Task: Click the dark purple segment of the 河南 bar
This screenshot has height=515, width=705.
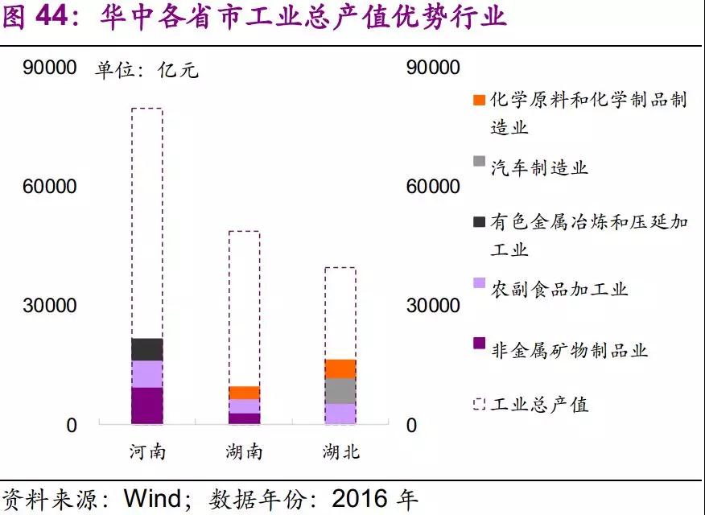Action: coord(146,405)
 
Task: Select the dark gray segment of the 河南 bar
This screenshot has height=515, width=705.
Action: coord(146,349)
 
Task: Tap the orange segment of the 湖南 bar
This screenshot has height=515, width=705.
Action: coord(244,393)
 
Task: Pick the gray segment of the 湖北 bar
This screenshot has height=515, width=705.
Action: coord(340,391)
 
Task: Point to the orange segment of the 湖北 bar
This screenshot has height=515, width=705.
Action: coord(340,369)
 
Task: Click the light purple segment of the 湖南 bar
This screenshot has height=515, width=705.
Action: coord(244,406)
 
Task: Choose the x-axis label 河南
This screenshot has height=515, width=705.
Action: coord(147,451)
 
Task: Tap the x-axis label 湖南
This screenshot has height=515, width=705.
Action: coord(244,451)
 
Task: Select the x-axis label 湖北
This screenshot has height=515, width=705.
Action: coord(340,451)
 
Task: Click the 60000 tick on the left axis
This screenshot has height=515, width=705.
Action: coord(50,187)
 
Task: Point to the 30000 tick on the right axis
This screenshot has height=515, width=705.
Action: coord(434,306)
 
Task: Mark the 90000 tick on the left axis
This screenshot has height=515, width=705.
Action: coord(50,68)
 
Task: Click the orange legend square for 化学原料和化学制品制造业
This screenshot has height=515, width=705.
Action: coord(479,101)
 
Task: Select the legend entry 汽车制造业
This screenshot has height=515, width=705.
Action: coord(539,167)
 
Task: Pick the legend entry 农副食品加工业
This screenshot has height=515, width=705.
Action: coord(559,289)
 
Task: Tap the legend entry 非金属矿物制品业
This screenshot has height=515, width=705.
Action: coord(569,350)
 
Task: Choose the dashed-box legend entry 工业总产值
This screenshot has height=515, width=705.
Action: coord(539,404)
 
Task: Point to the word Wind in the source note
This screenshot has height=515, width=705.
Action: coord(153,498)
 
